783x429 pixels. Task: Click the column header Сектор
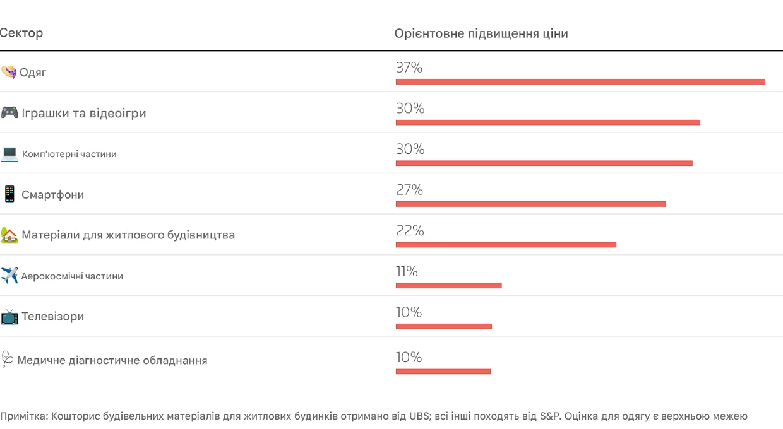(x=21, y=33)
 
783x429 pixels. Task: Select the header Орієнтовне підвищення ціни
(x=481, y=33)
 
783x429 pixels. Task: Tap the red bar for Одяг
(x=580, y=82)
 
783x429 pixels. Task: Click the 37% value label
(x=409, y=68)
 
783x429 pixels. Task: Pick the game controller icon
(x=9, y=112)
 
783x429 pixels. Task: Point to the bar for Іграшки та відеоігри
(x=547, y=122)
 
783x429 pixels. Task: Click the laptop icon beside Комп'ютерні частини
(x=9, y=154)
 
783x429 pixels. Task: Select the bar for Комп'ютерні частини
(x=544, y=163)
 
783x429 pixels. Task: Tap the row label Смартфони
(x=53, y=194)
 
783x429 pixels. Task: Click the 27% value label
(x=409, y=190)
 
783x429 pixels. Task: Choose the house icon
(x=9, y=235)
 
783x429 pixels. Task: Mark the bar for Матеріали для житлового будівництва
(x=506, y=245)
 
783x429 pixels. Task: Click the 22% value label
(x=410, y=230)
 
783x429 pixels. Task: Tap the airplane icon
(x=9, y=275)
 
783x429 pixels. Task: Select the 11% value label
(x=407, y=271)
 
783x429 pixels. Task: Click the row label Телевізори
(x=53, y=317)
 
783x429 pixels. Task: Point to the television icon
(x=9, y=317)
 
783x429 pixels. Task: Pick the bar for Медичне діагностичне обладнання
(x=443, y=372)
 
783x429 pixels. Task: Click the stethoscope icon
(x=7, y=359)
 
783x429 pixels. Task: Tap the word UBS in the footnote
(x=419, y=416)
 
